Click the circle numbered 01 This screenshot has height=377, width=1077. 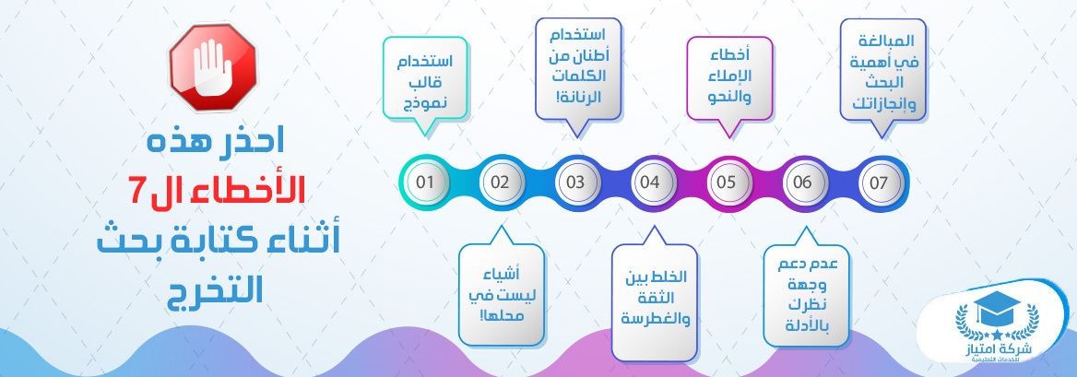pos(425,183)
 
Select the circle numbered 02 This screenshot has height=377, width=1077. pos(500,183)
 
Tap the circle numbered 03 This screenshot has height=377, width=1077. pos(575,183)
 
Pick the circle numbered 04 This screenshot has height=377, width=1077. pos(650,183)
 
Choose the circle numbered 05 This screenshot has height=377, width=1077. pos(727,183)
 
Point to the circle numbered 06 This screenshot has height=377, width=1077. pos(802,183)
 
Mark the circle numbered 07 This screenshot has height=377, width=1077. pos(879,183)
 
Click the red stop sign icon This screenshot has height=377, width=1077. pos(213,66)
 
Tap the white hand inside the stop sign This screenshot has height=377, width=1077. pos(212,66)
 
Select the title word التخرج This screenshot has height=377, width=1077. pos(215,292)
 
